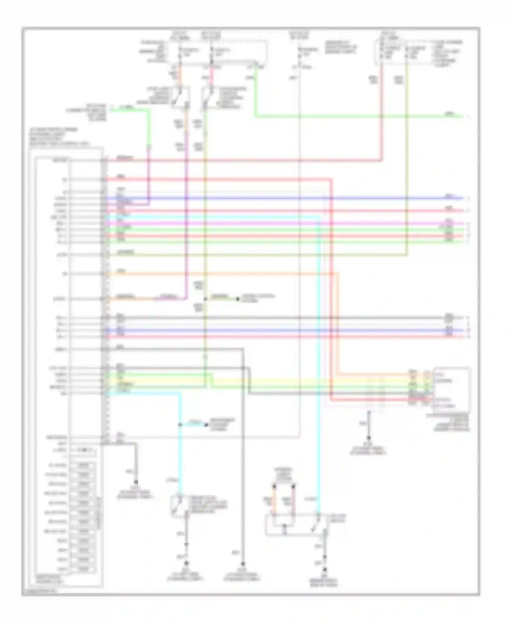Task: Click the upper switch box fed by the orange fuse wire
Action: (x=181, y=98)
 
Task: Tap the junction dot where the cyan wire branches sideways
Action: (x=180, y=425)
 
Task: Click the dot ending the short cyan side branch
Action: (x=206, y=425)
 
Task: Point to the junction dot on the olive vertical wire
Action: (x=205, y=299)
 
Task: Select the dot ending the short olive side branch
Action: (x=238, y=299)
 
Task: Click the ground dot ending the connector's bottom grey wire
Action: (x=136, y=482)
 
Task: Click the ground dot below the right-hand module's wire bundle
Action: (x=369, y=438)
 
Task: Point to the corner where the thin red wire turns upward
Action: (x=382, y=160)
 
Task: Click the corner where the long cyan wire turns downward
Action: (x=319, y=217)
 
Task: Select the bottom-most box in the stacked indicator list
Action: (x=83, y=569)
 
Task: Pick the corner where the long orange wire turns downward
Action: (x=338, y=273)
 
